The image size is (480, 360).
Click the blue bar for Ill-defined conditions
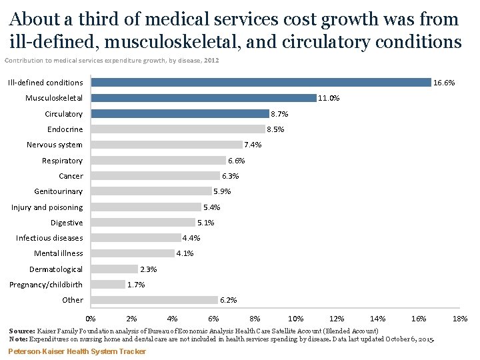coord(261,83)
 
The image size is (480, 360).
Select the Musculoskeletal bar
coord(203,98)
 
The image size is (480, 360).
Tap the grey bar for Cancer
coord(155,176)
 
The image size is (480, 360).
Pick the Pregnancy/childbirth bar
coord(108,285)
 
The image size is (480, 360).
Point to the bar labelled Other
coord(154,300)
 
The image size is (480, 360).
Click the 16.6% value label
coord(444,83)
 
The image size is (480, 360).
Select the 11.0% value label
coord(329,98)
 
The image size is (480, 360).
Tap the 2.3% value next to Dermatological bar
coord(148,269)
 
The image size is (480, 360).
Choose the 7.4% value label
coord(253,145)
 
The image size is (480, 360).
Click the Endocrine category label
coord(65,129)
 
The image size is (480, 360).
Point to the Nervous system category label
coord(55,145)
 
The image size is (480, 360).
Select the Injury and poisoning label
coord(47,207)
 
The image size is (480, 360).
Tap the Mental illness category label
coord(59,253)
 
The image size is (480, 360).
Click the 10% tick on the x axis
coord(296,319)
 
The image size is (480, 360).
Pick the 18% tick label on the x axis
coord(460,319)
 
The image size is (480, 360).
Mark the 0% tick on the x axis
coord(91,319)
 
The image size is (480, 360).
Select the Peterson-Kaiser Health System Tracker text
coord(77,351)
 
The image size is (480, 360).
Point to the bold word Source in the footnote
coord(23,331)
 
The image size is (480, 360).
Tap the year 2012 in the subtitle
coord(211,61)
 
